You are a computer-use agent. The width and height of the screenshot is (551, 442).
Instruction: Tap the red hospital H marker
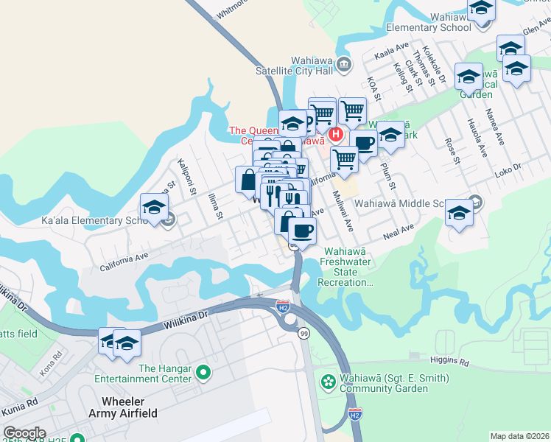336,135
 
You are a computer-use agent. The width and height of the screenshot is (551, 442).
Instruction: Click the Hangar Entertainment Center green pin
203,373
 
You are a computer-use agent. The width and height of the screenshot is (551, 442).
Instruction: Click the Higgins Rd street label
449,362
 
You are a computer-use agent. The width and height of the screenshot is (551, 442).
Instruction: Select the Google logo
24,433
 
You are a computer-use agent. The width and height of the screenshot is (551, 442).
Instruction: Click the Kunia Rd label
20,407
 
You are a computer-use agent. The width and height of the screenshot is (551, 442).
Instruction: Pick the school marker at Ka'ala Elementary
155,207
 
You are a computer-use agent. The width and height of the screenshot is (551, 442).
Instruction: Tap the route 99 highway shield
303,334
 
